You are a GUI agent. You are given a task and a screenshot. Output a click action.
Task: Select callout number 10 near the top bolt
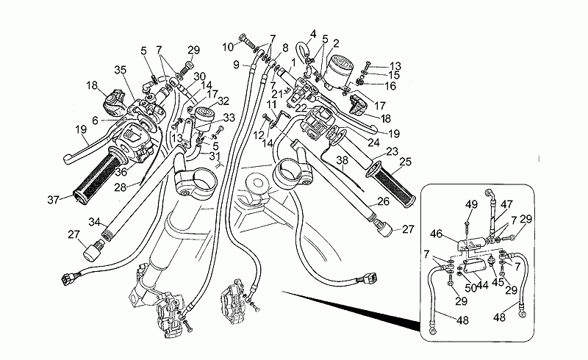(229, 47)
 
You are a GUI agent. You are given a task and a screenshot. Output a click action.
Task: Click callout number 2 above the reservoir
(336, 42)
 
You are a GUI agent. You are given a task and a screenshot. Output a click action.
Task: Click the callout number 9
(237, 65)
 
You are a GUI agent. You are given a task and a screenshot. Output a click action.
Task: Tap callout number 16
(390, 86)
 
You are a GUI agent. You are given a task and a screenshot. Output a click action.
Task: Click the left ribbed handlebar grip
(96, 181)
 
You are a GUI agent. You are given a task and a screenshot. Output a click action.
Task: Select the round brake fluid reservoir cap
(340, 65)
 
